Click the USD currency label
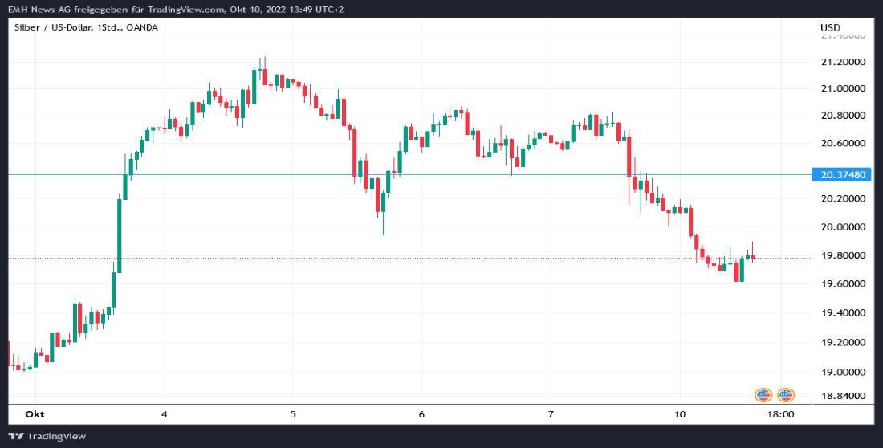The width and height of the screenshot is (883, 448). (830, 28)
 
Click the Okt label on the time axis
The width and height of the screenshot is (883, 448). (34, 414)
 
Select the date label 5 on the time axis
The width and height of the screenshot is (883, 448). (293, 414)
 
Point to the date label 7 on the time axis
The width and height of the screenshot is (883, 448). (551, 414)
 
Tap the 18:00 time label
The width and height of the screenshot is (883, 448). (781, 414)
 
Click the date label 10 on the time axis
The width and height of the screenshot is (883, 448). (679, 414)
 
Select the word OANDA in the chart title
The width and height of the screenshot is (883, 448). (142, 27)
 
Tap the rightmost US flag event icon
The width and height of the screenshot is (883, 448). (785, 394)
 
